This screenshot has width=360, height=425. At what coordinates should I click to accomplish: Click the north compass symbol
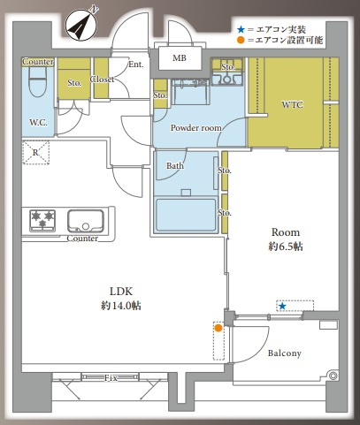point(80,25)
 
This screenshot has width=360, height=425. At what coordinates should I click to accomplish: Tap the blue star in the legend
point(241,29)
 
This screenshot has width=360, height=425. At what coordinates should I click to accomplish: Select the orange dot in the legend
point(241,40)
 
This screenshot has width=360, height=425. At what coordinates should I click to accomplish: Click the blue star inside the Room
point(282,307)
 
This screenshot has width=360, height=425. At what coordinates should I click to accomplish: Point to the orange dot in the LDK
point(218,328)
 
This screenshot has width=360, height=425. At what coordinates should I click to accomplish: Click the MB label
point(180,58)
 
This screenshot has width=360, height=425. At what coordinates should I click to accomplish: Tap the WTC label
point(292,104)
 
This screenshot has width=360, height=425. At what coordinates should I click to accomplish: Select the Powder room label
point(196,128)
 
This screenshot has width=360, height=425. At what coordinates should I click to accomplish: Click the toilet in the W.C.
point(38,81)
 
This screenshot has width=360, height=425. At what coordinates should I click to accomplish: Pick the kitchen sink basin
point(86,221)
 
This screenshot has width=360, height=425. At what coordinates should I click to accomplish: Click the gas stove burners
point(42,220)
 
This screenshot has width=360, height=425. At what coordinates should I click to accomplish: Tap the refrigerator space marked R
point(35,153)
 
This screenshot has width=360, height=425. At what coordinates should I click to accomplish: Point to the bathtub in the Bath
point(186,215)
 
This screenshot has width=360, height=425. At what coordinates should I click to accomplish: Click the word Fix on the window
point(111,378)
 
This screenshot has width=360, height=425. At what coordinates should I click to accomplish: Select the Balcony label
point(285,353)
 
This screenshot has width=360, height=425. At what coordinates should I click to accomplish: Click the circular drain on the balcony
point(333,376)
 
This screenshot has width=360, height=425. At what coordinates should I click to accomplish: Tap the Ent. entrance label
point(136,65)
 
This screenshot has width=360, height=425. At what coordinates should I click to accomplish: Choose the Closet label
point(102,80)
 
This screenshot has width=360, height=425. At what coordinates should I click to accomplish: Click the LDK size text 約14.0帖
point(121,306)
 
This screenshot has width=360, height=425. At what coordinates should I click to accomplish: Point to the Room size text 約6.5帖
point(286,247)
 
